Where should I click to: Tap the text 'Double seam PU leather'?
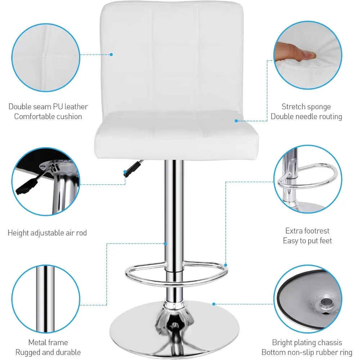tap(48, 107)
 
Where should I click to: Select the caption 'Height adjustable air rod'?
tap(47, 233)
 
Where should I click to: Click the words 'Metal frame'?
tap(48, 342)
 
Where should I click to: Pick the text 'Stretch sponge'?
tap(306, 107)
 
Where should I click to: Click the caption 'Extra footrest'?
tap(307, 231)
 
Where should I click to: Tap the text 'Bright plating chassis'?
tap(307, 342)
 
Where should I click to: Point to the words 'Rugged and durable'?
tap(48, 352)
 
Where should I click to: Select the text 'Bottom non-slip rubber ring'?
tap(307, 352)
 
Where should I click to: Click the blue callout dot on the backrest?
tap(111, 55)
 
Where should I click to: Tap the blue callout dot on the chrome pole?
tap(166, 243)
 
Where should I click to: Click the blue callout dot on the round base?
tap(214, 304)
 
